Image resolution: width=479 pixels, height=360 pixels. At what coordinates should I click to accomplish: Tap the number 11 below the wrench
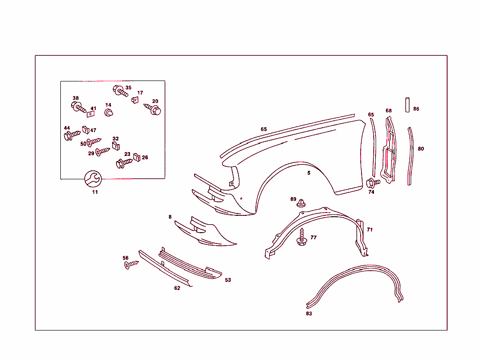click(x=95, y=192)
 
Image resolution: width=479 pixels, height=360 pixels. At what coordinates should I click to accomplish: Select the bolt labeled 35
click(x=120, y=91)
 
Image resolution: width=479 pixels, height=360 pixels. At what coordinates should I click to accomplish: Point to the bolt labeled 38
click(x=79, y=108)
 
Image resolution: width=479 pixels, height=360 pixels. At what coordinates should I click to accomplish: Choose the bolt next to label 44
click(x=72, y=136)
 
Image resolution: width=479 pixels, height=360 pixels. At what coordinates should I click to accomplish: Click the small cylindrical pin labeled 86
click(x=407, y=104)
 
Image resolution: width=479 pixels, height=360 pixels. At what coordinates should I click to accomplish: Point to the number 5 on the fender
click(x=309, y=173)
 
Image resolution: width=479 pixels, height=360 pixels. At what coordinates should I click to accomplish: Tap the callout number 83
click(x=309, y=314)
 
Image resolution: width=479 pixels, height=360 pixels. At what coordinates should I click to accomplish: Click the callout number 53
click(x=228, y=280)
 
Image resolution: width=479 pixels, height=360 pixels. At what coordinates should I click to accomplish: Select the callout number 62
click(x=177, y=288)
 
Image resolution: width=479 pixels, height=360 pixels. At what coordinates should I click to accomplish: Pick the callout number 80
click(x=421, y=149)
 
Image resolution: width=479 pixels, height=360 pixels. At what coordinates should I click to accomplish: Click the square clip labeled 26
click(x=137, y=157)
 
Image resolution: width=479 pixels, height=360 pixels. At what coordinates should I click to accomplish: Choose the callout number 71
click(x=370, y=229)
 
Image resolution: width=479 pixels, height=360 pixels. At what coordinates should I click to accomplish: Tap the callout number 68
click(x=389, y=111)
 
